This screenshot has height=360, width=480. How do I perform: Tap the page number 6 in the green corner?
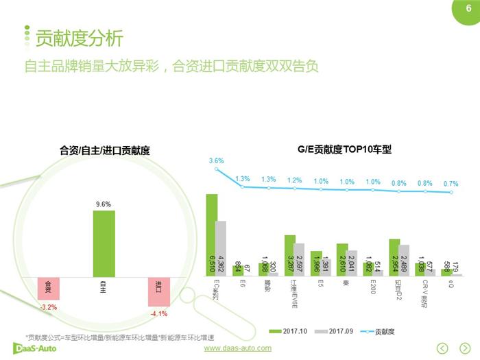tap(468, 9)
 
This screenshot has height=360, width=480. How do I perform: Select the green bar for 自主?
tap(104, 243)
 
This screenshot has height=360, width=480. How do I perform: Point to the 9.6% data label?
tap(104, 204)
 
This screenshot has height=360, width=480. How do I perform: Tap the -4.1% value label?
tap(158, 314)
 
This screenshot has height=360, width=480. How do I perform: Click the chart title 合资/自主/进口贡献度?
tap(104, 150)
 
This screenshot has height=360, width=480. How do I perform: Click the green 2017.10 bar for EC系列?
tap(212, 235)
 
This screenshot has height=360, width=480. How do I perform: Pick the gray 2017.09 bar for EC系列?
tap(221, 248)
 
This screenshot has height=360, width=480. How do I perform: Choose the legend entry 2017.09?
tap(337, 331)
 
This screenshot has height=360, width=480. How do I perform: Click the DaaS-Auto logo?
tap(38, 348)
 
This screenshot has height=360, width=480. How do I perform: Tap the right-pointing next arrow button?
tap(465, 348)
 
